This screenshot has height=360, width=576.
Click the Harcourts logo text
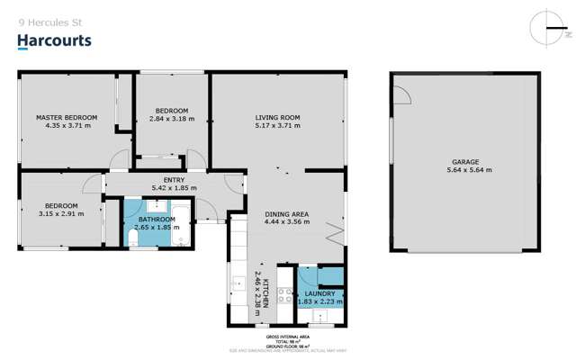54,40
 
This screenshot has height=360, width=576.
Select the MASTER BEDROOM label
67,118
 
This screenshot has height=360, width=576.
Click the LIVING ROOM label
277,118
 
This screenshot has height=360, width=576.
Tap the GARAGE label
464,162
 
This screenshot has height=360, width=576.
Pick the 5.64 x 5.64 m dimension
464,170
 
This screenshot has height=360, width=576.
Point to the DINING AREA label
287,214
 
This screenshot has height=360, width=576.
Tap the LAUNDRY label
319,293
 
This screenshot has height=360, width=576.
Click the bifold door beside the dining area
337,236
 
